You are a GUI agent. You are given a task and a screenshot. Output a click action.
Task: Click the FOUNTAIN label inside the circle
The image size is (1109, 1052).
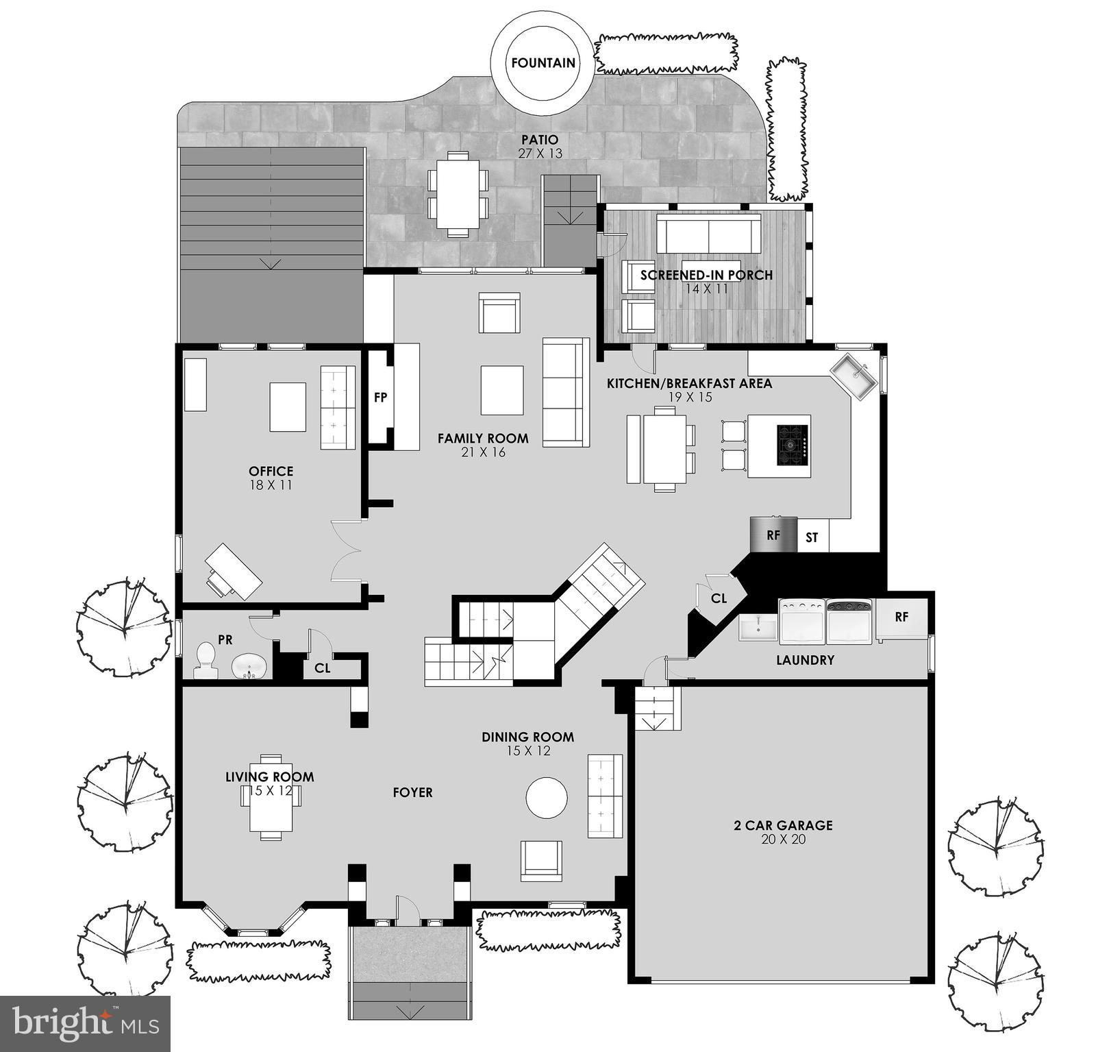[x=543, y=63]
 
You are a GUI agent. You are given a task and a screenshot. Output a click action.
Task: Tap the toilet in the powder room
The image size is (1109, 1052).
[x=205, y=659]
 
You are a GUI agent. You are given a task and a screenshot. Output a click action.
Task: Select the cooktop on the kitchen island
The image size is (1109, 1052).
[x=792, y=445]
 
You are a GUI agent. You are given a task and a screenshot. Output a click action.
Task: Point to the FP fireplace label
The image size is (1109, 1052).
[x=381, y=397]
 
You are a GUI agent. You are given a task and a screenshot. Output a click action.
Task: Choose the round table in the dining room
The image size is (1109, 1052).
[x=546, y=797]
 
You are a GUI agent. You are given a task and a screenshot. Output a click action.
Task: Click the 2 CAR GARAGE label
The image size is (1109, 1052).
[x=783, y=825]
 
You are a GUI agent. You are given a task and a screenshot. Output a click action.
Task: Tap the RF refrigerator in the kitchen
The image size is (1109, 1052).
[x=773, y=535]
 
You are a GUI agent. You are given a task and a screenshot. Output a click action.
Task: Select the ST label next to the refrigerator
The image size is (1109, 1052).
[x=812, y=537]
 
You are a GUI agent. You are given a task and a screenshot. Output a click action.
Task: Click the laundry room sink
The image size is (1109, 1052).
[x=758, y=627]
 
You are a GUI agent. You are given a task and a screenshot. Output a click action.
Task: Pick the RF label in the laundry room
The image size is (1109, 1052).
[x=901, y=617]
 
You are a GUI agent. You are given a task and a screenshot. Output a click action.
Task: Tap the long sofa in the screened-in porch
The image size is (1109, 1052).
[x=708, y=234]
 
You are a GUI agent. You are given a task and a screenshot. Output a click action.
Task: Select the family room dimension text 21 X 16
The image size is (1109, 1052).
[x=483, y=452]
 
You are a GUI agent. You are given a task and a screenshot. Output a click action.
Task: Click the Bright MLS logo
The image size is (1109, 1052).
[x=85, y=1024]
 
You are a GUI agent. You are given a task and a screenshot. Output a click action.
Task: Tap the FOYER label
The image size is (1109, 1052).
[x=412, y=792]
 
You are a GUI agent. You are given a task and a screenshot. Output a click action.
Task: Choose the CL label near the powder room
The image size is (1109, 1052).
[x=323, y=668]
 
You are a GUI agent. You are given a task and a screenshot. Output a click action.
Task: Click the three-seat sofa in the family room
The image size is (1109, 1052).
[x=565, y=392]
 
